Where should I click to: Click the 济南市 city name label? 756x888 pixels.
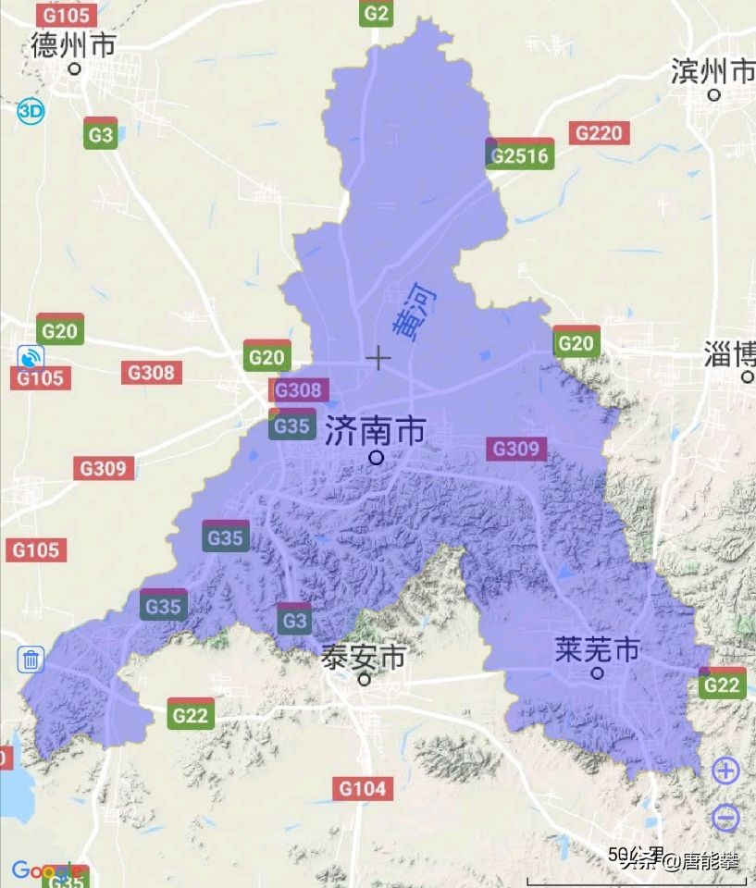(375, 431)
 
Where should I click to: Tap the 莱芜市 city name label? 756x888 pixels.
(597, 649)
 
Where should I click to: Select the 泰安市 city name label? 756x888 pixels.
(364, 658)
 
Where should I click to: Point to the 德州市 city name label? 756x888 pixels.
(73, 44)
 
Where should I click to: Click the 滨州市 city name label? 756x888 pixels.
(713, 70)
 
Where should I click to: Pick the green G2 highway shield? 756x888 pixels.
(377, 13)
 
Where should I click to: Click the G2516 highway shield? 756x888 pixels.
(519, 154)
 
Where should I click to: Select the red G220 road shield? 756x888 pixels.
(599, 133)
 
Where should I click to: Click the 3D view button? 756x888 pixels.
(30, 112)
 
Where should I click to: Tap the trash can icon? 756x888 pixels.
(31, 660)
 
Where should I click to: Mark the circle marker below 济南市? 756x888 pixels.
(376, 457)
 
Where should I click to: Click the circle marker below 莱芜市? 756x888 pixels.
(598, 673)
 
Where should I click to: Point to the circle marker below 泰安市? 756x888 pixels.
(365, 679)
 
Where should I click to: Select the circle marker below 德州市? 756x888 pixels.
(76, 68)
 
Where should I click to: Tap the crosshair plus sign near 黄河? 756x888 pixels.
(378, 357)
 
